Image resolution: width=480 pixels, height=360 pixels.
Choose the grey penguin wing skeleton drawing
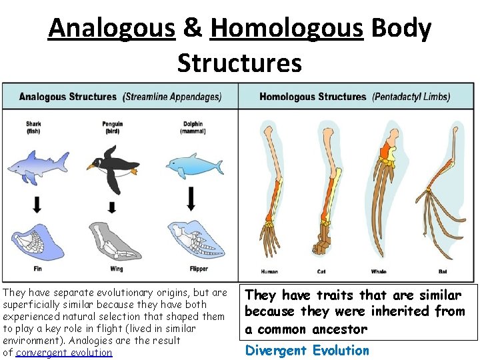coord(113,240)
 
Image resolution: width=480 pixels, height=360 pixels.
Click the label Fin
coord(37,269)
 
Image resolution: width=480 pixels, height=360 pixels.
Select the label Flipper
coord(198,269)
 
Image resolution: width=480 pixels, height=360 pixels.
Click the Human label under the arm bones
coord(269,271)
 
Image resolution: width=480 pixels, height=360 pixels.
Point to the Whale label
coord(378,271)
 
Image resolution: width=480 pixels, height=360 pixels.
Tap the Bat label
coord(443,271)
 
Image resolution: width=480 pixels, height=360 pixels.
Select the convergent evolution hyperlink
coord(64,352)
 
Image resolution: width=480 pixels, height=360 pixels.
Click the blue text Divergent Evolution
coord(307,350)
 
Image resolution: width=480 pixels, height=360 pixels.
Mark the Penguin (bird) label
coord(112,127)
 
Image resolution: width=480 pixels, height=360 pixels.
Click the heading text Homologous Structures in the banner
coord(313,97)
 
